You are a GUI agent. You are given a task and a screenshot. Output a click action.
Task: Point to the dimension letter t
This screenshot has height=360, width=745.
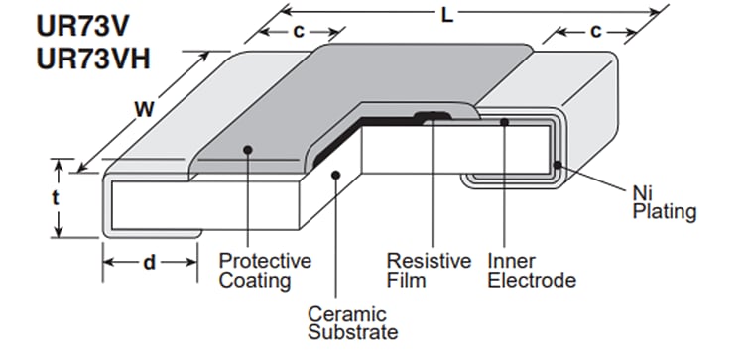click(56, 197)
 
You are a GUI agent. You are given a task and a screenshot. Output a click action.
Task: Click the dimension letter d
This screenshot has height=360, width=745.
click(149, 264)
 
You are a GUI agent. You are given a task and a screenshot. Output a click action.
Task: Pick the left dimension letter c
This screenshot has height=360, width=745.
click(297, 31)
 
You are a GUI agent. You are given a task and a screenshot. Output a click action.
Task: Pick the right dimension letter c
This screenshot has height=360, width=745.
click(595, 31)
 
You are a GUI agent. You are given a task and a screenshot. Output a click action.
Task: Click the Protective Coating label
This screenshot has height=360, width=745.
click(264, 271)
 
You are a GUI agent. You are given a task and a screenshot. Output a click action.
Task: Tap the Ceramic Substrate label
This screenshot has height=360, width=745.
click(352, 322)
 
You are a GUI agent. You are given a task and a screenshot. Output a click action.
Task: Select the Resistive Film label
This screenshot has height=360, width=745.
click(429, 271)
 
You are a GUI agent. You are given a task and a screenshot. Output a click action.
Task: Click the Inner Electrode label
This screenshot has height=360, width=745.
click(532, 271)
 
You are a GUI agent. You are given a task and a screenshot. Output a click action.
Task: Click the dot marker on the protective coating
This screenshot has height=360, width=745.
click(245, 149)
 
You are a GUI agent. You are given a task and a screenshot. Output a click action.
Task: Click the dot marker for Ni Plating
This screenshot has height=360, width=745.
click(559, 165)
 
